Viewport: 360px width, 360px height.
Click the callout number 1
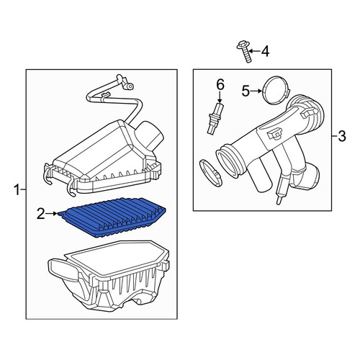tap(17, 190)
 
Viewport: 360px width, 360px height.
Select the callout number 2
tap(41, 213)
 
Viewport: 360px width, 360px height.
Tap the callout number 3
tap(341, 136)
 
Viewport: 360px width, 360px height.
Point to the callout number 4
tap(265, 51)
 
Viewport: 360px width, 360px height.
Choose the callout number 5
tap(246, 91)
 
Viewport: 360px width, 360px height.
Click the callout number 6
tap(220, 85)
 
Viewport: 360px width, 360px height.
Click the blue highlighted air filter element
tap(112, 217)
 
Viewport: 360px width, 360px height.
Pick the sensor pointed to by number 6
tap(215, 118)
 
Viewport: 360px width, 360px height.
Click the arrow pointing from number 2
tap(51, 213)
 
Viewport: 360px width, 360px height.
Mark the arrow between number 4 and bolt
tap(254, 51)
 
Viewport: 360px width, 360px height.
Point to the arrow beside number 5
tap(256, 91)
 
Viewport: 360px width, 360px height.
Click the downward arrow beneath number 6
tap(220, 96)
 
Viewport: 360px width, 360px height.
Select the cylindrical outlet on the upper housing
tap(150, 135)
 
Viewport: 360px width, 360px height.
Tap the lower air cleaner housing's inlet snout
tap(63, 269)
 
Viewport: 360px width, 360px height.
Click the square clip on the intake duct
tap(275, 134)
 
